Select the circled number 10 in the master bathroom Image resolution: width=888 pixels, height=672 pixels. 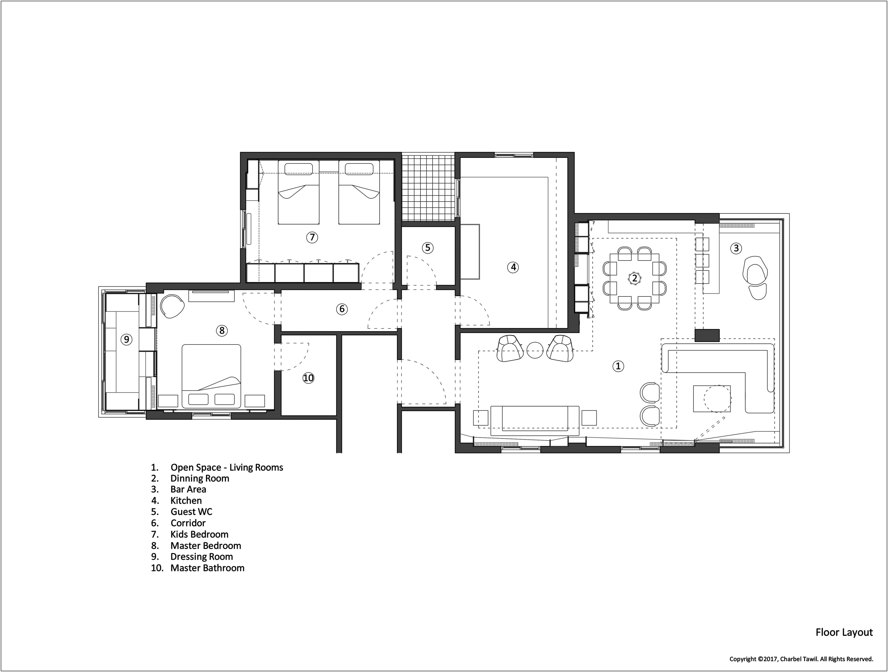(x=308, y=378)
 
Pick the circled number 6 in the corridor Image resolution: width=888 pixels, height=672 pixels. (x=342, y=309)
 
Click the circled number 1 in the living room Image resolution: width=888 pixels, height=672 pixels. (x=618, y=366)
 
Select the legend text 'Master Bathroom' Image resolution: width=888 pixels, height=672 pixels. (x=207, y=568)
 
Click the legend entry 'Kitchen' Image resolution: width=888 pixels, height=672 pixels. (x=186, y=501)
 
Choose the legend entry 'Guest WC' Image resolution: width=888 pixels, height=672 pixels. (x=192, y=512)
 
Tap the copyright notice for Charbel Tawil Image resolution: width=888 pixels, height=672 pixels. (x=801, y=659)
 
